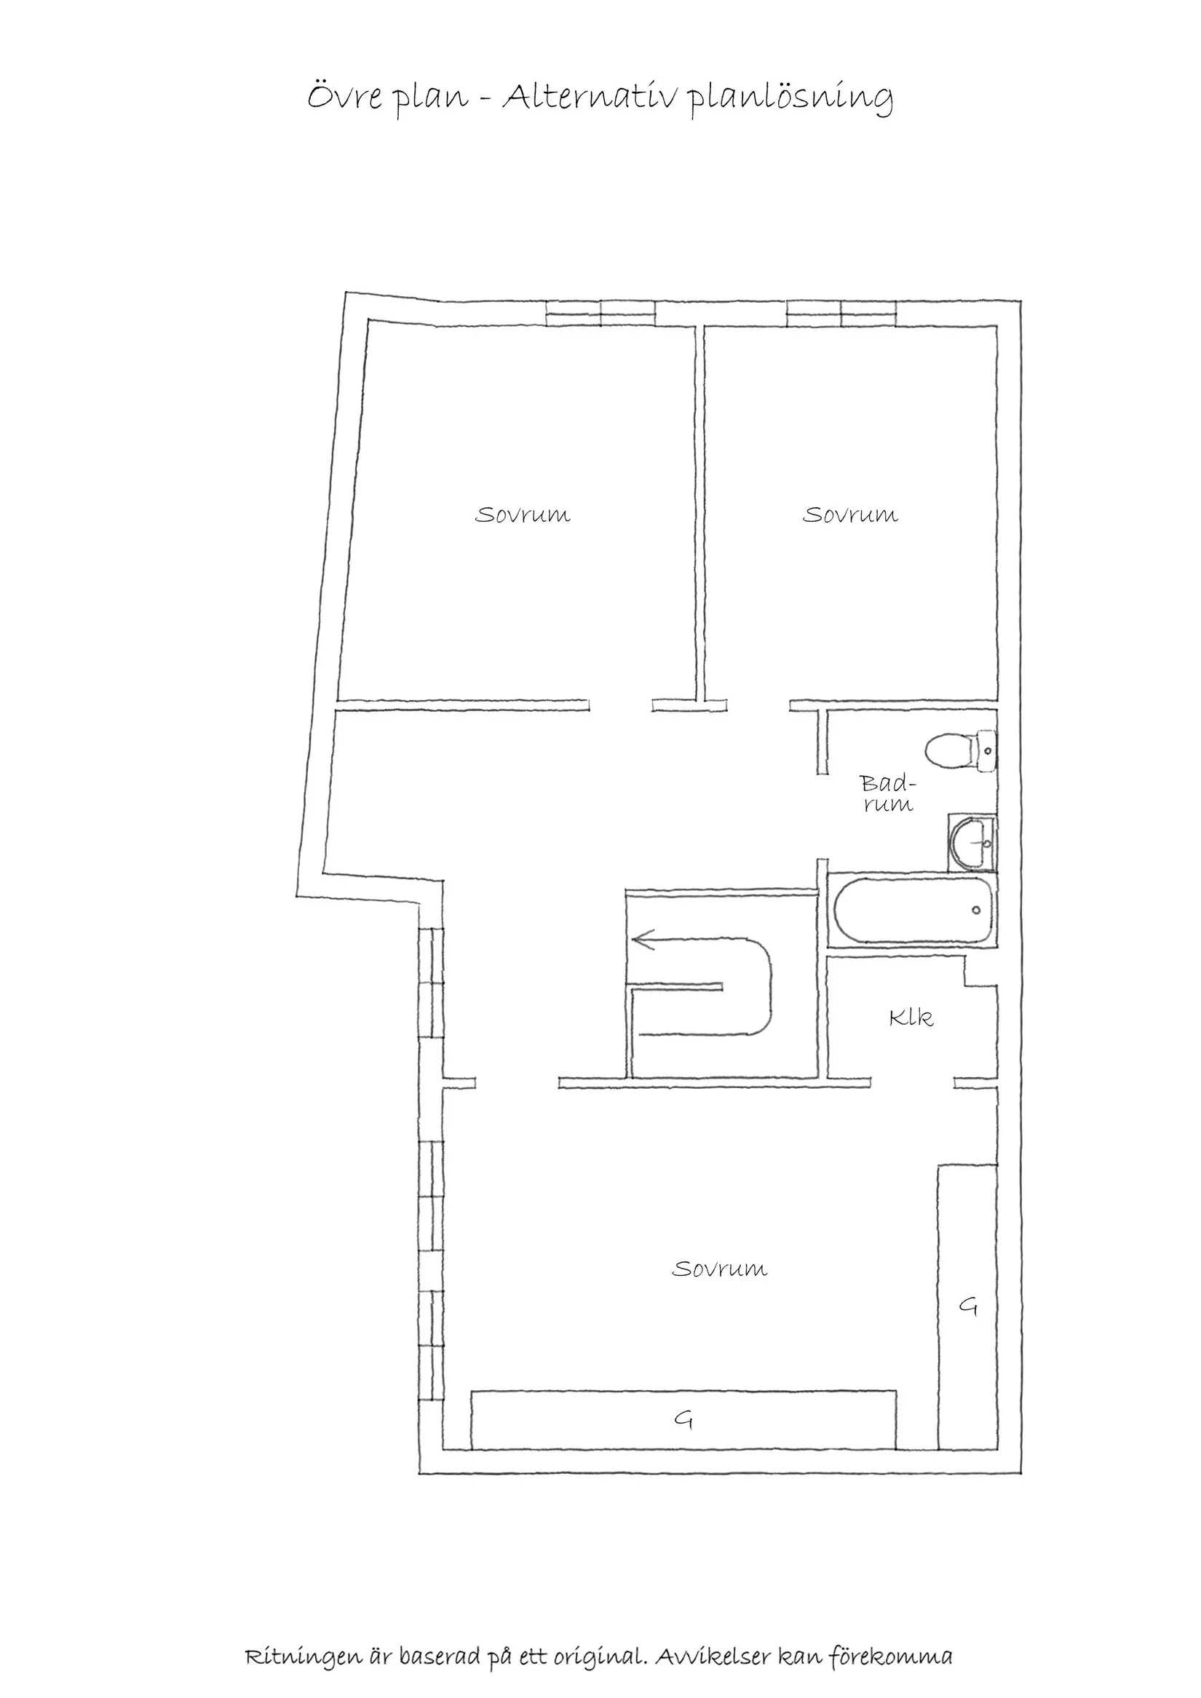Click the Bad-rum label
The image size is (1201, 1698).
point(887,793)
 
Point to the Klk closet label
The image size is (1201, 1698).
point(911,1018)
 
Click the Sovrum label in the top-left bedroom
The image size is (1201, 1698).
point(522,515)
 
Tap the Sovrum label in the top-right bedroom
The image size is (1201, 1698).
point(850,515)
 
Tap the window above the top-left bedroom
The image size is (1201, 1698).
point(600,313)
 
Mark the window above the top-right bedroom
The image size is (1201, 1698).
point(841,313)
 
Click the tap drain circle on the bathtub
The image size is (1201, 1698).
point(976,910)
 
